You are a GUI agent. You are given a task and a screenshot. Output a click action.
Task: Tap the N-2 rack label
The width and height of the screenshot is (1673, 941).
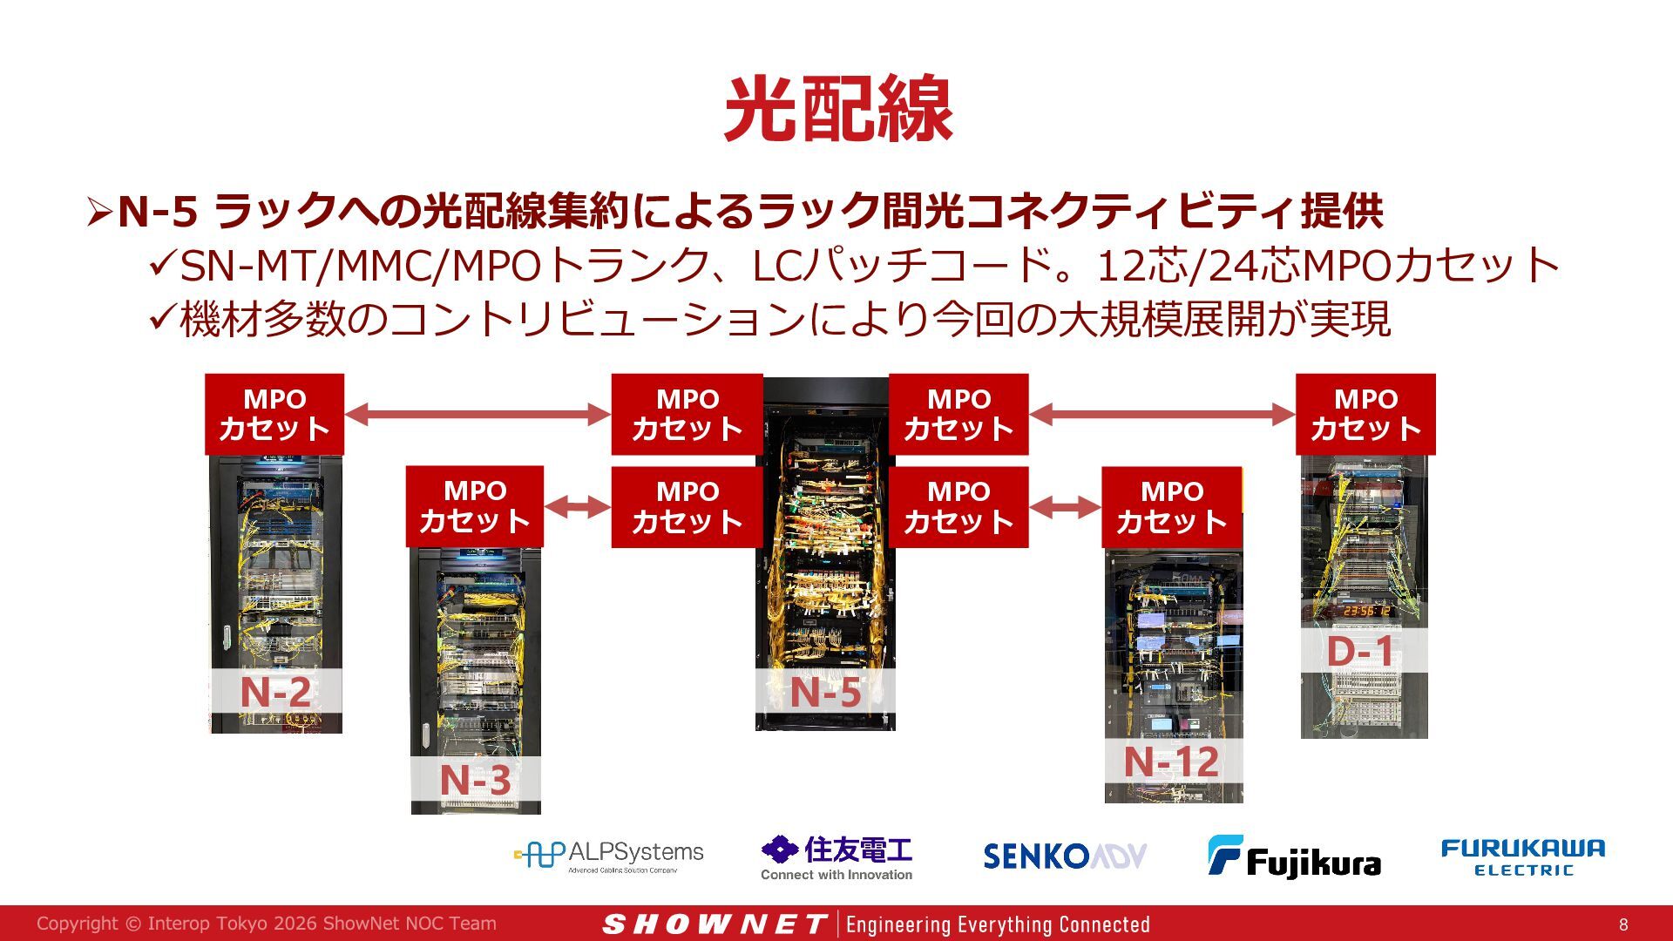275,692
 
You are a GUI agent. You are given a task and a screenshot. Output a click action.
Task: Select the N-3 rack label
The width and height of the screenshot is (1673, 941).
475,780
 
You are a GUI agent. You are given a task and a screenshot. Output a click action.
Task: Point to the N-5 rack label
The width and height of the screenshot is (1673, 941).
825,693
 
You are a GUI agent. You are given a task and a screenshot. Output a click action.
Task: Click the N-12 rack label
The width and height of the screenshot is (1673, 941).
1171,762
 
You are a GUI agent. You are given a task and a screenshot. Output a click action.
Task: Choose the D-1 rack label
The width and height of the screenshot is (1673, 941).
1360,652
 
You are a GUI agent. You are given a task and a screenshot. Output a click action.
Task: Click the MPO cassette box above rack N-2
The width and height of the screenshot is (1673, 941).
274,414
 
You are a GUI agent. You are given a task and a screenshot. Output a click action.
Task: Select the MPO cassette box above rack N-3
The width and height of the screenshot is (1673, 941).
475,506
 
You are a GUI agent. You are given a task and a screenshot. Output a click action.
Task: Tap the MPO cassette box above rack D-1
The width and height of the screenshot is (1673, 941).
1365,414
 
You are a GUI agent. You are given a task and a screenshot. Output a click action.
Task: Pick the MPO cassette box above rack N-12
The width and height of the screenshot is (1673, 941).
1172,506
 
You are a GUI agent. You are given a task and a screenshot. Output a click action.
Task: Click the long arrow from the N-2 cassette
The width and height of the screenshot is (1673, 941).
478,415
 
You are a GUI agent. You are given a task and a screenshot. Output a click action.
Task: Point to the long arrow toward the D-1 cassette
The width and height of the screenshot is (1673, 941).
1162,415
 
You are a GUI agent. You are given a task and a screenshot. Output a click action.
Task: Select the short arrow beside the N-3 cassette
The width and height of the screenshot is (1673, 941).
578,507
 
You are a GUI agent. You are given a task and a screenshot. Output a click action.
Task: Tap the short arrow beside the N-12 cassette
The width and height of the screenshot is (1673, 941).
1066,507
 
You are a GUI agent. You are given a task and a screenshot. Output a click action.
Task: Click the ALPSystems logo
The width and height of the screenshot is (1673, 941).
609,856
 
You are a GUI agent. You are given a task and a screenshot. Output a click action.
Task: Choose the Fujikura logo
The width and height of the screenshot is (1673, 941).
1294,856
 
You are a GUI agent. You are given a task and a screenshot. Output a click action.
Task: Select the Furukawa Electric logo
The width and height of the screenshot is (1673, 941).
1523,856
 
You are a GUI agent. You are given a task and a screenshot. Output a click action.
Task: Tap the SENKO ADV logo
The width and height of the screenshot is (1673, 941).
1065,856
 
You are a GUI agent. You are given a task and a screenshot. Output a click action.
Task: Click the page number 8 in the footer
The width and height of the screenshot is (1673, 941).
1623,924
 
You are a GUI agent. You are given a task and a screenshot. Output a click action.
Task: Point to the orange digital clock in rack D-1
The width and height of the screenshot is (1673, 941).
1367,611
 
